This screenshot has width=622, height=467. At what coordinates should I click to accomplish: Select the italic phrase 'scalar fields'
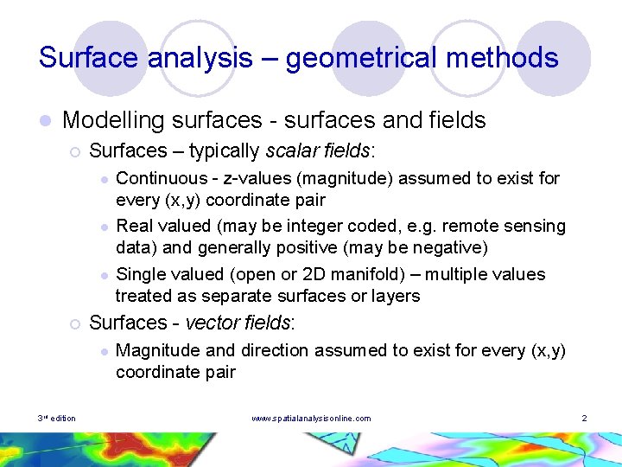pyautogui.click(x=319, y=151)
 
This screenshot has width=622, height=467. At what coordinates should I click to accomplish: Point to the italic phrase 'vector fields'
pyautogui.click(x=239, y=323)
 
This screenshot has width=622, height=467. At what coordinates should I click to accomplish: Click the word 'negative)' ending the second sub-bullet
pyautogui.click(x=450, y=248)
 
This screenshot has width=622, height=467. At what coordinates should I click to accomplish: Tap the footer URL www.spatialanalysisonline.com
pyautogui.click(x=311, y=419)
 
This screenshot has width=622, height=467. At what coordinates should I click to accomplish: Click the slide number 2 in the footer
pyautogui.click(x=585, y=419)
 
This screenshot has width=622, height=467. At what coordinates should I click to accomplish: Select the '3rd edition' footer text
pyautogui.click(x=57, y=419)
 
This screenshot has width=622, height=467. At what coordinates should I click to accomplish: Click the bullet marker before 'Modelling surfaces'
pyautogui.click(x=45, y=121)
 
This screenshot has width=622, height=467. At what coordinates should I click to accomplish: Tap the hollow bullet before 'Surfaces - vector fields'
pyautogui.click(x=74, y=323)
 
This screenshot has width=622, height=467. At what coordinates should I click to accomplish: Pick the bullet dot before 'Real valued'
pyautogui.click(x=103, y=227)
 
